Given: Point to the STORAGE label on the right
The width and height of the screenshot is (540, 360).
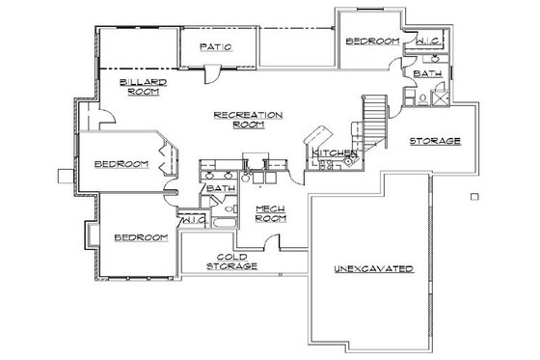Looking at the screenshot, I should [x=435, y=141].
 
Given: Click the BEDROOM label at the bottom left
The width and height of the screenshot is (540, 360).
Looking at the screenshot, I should [x=141, y=236].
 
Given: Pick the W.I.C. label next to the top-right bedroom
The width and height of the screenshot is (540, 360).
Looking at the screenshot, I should [x=429, y=42].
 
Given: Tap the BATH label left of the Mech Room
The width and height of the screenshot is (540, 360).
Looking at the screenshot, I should [x=221, y=188].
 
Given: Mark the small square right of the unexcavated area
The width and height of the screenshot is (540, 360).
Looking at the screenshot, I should [x=474, y=197].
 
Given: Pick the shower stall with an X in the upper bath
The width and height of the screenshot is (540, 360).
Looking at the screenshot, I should [x=438, y=95].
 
